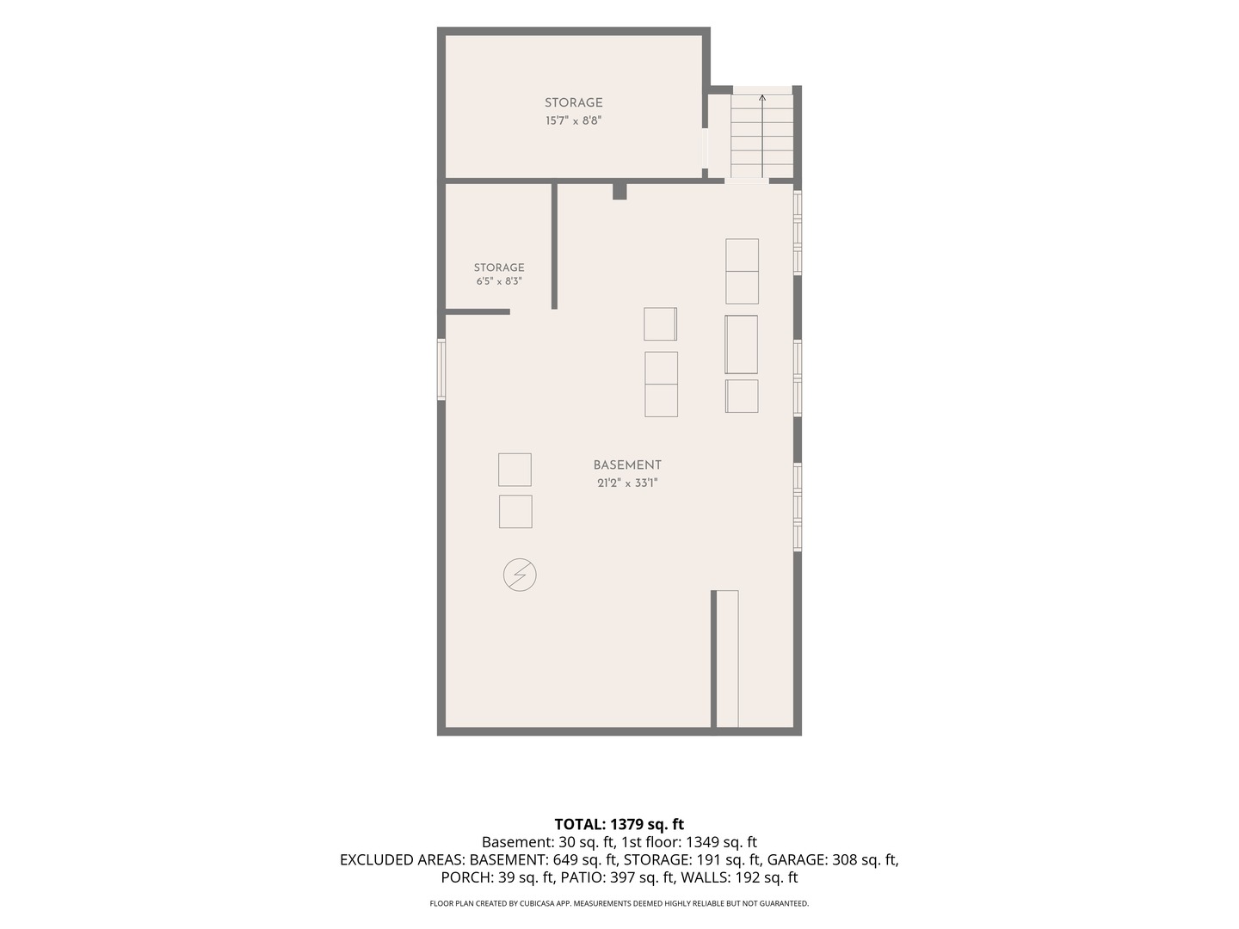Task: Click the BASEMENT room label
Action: tap(627, 465)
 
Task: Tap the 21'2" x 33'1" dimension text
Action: tap(628, 483)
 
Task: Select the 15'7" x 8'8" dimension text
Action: tap(573, 120)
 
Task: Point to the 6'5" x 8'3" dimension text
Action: tap(499, 281)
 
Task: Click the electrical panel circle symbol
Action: tap(520, 575)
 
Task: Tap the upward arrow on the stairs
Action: tap(762, 136)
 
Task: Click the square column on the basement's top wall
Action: tap(619, 191)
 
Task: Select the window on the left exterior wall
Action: tap(441, 370)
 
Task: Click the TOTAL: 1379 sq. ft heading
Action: tap(619, 824)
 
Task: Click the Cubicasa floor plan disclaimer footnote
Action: tap(619, 903)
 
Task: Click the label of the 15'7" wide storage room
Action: tap(574, 102)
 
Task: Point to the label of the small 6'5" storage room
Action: tap(499, 268)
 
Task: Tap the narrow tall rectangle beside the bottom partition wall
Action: tap(728, 659)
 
